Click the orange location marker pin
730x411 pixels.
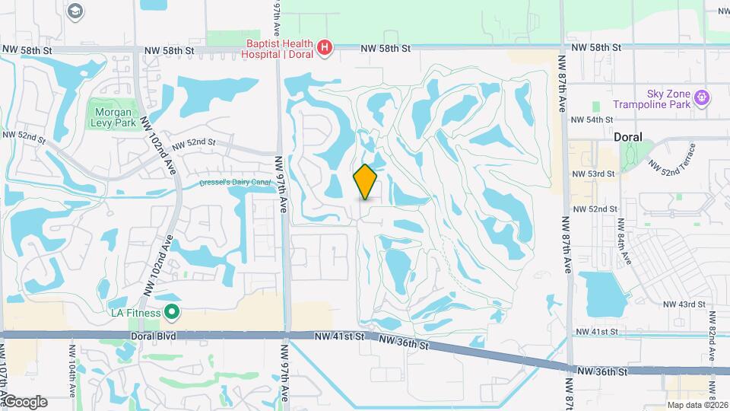(366, 182)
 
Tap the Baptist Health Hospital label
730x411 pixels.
(278, 49)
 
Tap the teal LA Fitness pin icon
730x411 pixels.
(173, 312)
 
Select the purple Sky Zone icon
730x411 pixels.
(702, 97)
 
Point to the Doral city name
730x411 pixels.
(628, 137)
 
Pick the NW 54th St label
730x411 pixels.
(592, 120)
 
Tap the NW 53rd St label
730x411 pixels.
(594, 174)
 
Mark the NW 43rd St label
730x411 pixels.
(684, 304)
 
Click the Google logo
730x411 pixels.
(24, 401)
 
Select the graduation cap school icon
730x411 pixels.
(75, 11)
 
